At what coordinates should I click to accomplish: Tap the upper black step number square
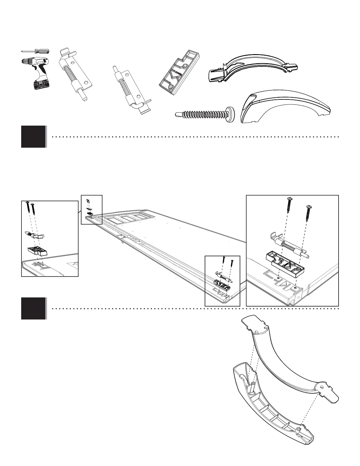tap(33, 137)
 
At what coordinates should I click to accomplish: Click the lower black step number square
tap(33, 308)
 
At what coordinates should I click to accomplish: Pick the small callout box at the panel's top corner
tap(91, 209)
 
